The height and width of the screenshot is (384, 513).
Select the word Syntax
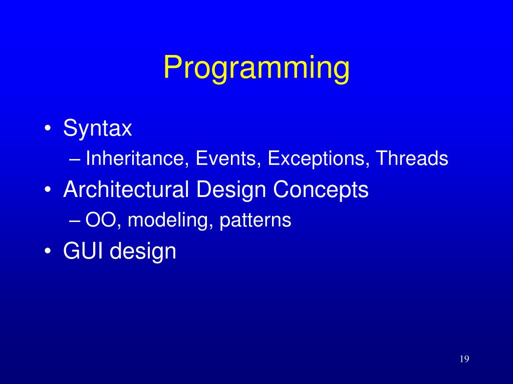[98, 129]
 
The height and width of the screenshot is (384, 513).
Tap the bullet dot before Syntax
[48, 128]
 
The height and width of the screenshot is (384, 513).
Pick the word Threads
[412, 158]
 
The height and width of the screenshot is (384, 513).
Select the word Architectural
[126, 189]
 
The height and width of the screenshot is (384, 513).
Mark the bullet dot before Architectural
[48, 189]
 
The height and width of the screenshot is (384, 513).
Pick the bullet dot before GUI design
[48, 251]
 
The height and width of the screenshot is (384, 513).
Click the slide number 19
[464, 359]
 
